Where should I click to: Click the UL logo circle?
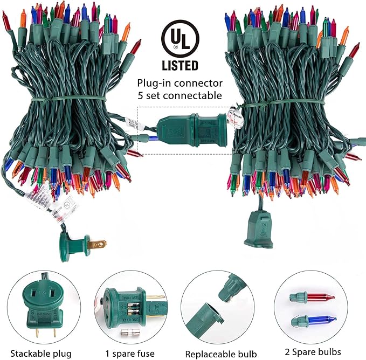180,40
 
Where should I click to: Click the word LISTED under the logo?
180,66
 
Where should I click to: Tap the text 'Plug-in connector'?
180,84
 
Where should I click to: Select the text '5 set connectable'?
180,96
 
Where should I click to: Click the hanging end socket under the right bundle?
260,227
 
